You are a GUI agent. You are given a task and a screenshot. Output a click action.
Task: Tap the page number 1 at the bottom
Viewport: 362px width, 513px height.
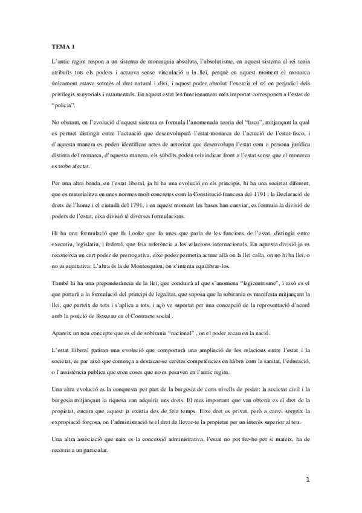coord(308,480)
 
